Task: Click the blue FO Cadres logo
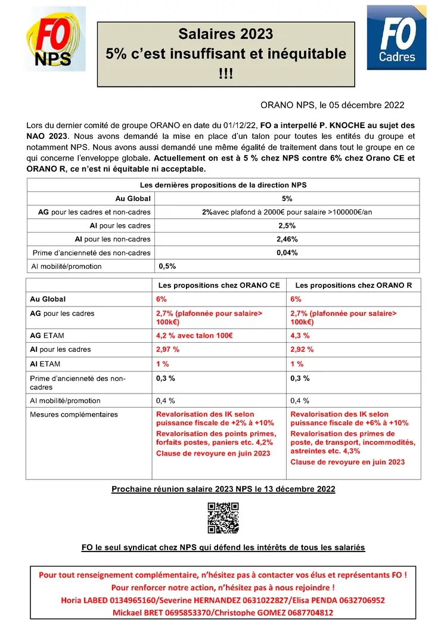tap(396, 38)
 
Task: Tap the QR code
tap(223, 518)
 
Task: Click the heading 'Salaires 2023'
tap(226, 34)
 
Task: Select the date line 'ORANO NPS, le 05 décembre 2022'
tap(333, 105)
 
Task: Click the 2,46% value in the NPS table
tap(287, 239)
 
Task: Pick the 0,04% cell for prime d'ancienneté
tap(287, 253)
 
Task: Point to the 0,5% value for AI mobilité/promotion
tap(167, 267)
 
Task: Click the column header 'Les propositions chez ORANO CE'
tap(219, 286)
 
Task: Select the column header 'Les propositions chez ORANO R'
tap(353, 286)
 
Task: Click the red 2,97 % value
tap(167, 350)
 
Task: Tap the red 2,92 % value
tap(302, 350)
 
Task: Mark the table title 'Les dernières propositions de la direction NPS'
tap(223, 185)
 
